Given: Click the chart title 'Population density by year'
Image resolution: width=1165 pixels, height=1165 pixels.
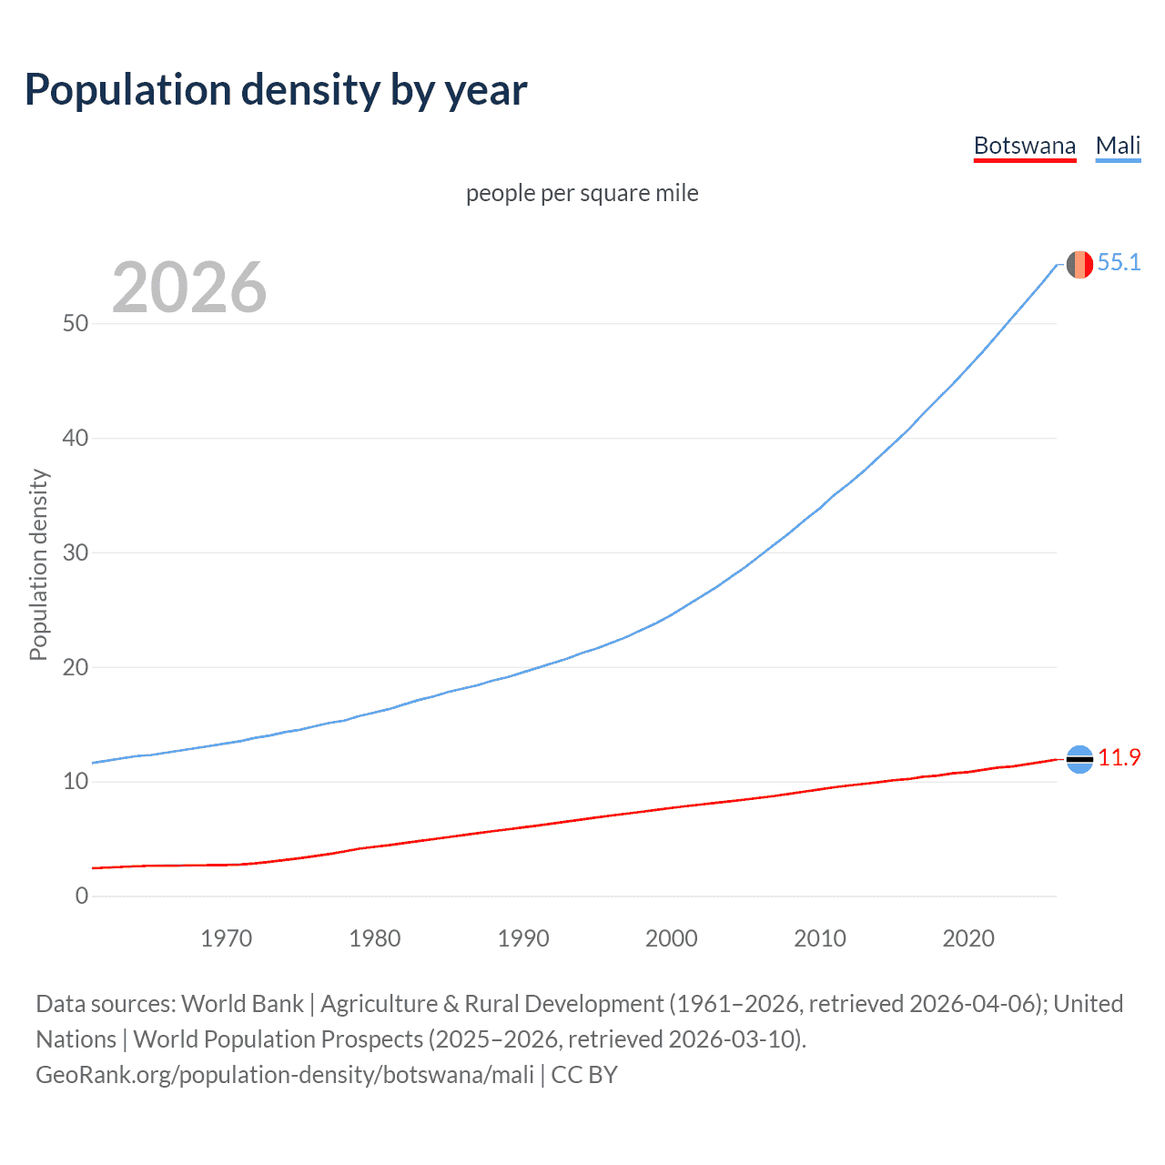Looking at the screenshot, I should coord(276,90).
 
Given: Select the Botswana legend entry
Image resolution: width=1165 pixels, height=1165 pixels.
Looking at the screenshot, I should coord(1024,146).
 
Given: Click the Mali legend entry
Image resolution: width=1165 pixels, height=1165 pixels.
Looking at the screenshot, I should coord(1118,146).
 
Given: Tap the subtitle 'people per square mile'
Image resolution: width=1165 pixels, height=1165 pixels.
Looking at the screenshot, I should coord(582,193).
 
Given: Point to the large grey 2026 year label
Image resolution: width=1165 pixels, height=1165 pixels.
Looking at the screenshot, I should coord(189,288).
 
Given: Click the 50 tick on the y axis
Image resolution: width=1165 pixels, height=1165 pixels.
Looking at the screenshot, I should coord(76,324).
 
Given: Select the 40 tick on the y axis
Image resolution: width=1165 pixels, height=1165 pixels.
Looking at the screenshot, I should coord(76,439).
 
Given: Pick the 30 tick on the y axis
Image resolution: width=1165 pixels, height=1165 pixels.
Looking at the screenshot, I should coord(76,553).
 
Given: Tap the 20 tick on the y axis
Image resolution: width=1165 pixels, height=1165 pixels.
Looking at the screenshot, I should coord(76,667).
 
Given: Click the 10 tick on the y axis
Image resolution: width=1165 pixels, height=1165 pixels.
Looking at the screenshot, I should coord(76,782).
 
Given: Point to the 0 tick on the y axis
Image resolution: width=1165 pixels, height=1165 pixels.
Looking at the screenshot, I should coord(82,897).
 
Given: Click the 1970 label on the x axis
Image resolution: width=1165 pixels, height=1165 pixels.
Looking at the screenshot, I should coord(227,938).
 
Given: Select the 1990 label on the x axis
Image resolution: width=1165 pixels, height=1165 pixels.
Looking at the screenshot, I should coord(523,938).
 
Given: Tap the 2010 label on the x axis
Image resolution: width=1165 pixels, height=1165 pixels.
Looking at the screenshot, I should coord(820,938).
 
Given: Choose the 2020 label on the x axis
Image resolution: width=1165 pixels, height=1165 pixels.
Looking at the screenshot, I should coord(968,938).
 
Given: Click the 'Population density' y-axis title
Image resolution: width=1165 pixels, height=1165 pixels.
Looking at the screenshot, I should coord(38,564).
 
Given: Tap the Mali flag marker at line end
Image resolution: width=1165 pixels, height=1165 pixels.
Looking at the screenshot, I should coord(1079,264).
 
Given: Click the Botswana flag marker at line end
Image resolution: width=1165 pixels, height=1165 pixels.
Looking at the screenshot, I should coord(1079,759).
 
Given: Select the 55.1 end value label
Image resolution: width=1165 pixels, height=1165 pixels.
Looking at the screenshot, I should coord(1119,263).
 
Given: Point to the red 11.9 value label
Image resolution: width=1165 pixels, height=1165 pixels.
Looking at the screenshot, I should coord(1119,758).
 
